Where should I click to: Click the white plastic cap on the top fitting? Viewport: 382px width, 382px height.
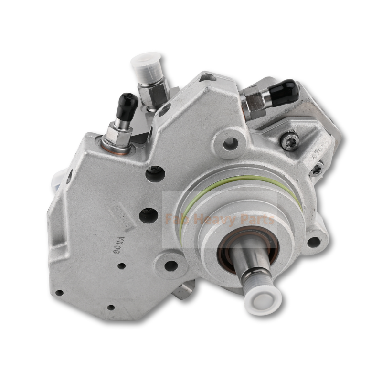[147, 65]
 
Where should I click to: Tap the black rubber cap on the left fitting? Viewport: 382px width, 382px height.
[127, 105]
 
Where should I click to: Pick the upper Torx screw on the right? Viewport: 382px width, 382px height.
[289, 141]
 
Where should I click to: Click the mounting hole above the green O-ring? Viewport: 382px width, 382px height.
[231, 142]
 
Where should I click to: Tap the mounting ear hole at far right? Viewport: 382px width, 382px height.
[313, 242]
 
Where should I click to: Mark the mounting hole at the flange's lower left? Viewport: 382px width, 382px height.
[170, 265]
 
